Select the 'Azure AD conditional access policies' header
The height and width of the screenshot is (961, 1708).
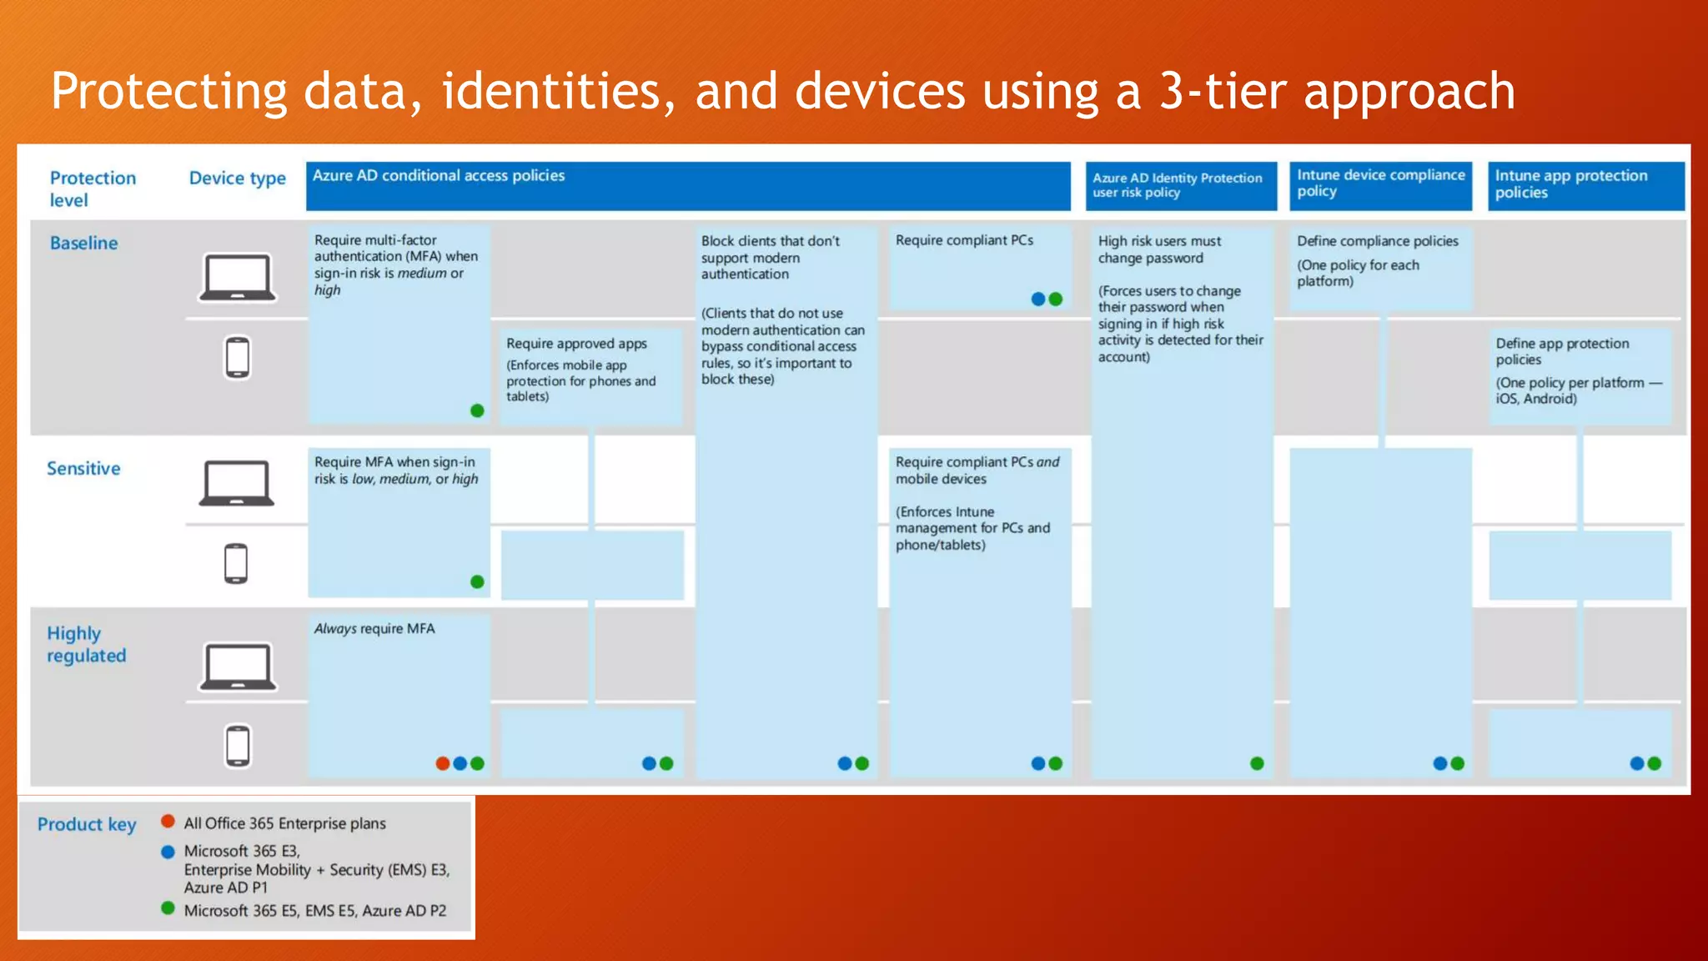[439, 176]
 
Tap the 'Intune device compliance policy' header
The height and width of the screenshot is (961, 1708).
[1380, 184]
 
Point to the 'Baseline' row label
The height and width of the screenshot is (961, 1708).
[83, 244]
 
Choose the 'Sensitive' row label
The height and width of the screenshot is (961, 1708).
[83, 469]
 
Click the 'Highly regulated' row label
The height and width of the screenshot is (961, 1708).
[86, 645]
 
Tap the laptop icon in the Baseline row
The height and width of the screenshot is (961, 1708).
[238, 278]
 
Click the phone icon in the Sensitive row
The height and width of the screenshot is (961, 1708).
[236, 564]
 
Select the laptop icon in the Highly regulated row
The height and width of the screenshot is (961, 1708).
[238, 667]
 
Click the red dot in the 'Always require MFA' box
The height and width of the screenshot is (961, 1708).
[443, 763]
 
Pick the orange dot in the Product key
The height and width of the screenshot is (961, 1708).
[168, 822]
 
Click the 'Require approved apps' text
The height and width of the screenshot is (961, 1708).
[576, 344]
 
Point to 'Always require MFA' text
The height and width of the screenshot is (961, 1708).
[374, 629]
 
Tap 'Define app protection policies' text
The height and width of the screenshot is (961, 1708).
[1561, 351]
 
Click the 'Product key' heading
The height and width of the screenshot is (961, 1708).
[87, 824]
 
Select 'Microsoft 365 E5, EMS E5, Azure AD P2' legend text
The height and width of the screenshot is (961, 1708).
[314, 911]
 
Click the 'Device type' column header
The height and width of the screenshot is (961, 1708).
[237, 179]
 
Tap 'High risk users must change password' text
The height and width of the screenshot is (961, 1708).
[1158, 249]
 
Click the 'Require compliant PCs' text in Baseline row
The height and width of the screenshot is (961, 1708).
[964, 241]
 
